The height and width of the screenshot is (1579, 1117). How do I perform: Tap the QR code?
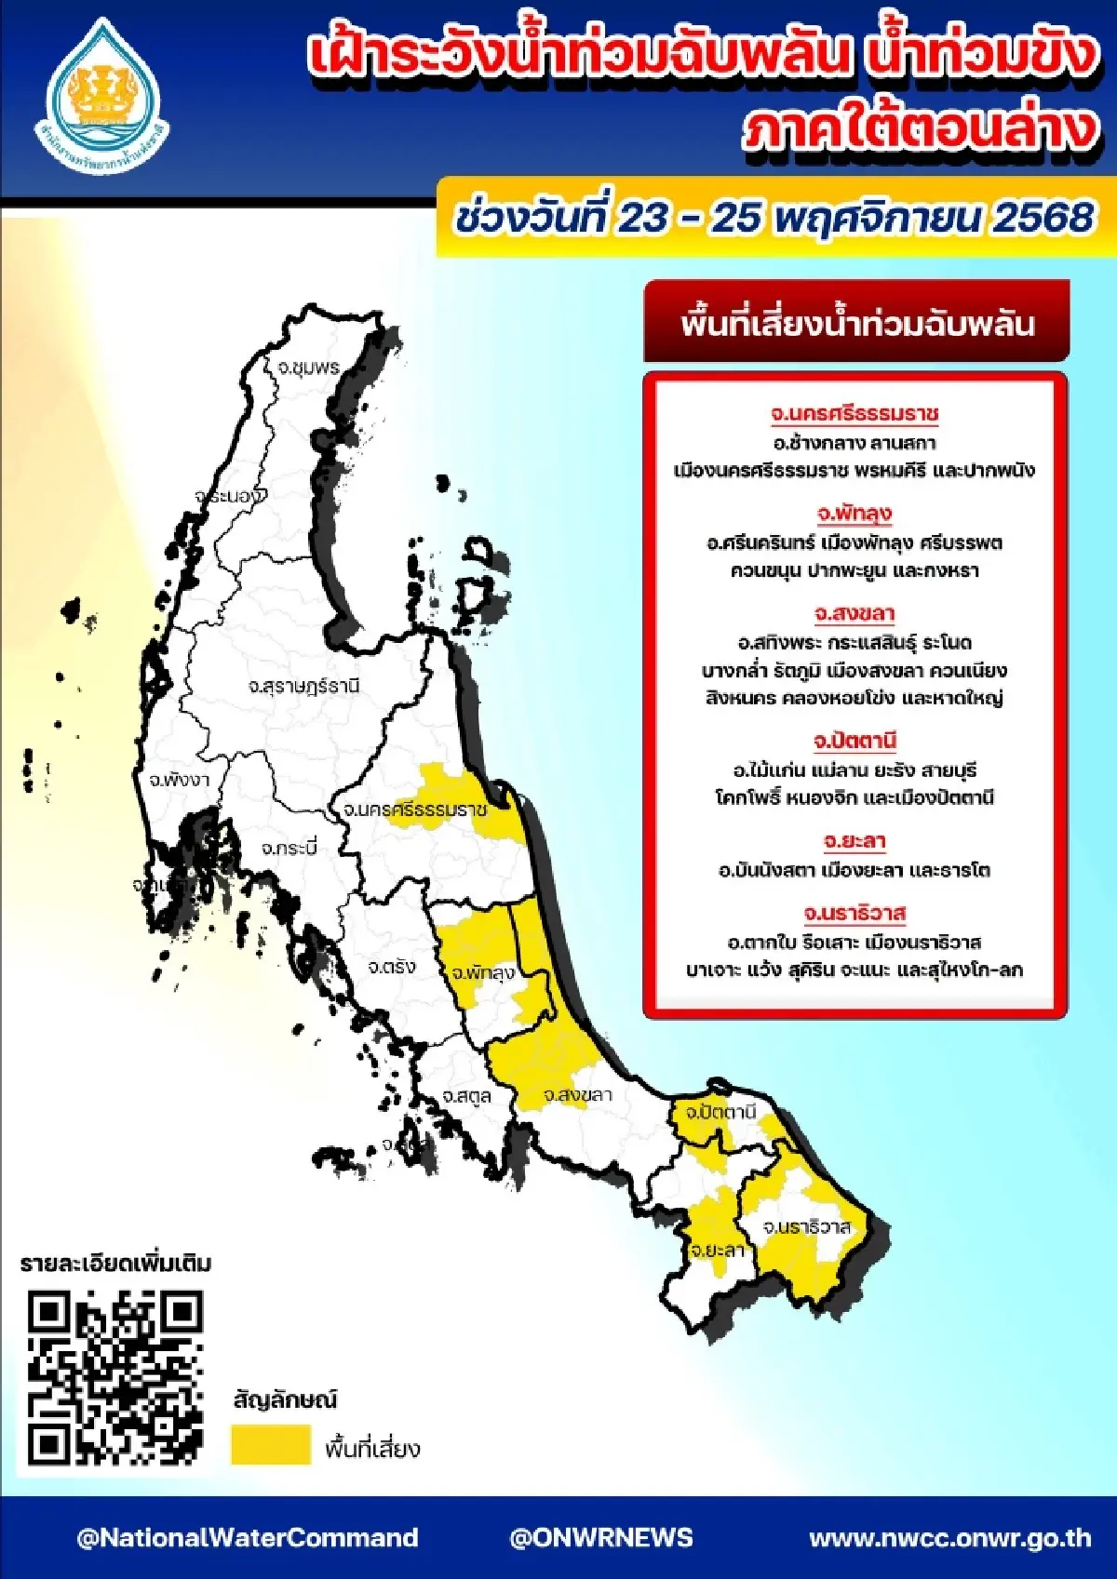114,1376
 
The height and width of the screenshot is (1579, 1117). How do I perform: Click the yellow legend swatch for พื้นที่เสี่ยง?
270,1445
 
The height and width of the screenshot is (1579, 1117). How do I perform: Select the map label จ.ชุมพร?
308,368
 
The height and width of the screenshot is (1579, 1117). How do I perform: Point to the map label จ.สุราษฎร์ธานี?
303,687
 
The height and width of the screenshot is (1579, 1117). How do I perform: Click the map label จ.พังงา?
179,780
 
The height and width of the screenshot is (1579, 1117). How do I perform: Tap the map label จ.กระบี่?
289,848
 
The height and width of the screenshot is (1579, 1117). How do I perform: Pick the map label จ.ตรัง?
391,967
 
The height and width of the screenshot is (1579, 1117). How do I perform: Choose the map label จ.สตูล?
466,1096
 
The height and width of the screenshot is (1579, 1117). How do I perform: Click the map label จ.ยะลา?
717,1250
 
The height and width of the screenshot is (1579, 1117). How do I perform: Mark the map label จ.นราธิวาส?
806,1226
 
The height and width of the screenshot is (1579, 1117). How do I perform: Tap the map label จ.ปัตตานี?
720,1112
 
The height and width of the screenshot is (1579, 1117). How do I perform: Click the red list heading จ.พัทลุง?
855,513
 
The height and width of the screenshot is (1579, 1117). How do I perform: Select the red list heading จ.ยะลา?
855,841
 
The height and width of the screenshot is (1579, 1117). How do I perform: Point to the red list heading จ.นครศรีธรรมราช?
855,413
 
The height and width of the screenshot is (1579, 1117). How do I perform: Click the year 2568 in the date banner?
1043,218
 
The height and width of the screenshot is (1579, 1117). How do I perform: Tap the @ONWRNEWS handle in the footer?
601,1537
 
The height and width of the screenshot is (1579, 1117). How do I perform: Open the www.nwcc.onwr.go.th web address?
949,1537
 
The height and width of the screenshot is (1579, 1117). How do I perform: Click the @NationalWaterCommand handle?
247,1537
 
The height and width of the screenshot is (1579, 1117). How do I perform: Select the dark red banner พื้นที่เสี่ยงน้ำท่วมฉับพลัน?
856,323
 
